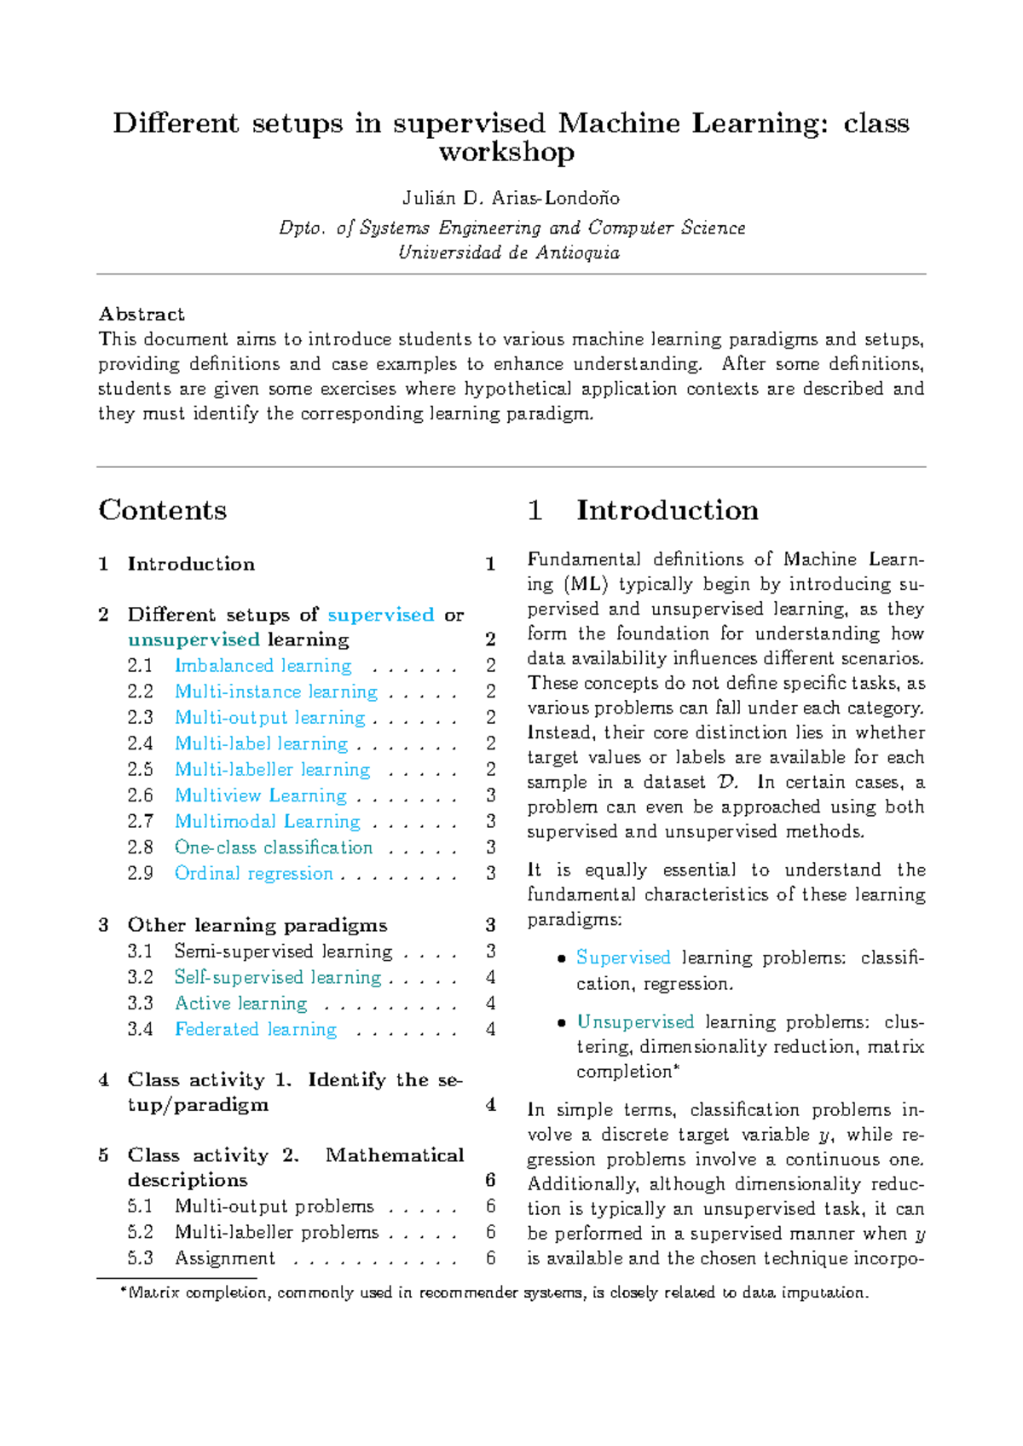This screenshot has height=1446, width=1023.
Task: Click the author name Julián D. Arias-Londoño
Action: (x=511, y=198)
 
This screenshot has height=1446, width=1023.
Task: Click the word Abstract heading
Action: (x=142, y=314)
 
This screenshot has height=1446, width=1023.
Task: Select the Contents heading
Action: (x=162, y=510)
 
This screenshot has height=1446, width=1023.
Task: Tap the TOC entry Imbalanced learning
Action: (x=263, y=666)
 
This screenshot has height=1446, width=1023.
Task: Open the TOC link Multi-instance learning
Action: (x=275, y=691)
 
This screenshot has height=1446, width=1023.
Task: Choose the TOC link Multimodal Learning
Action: (x=267, y=821)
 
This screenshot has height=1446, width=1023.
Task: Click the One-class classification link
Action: (x=273, y=847)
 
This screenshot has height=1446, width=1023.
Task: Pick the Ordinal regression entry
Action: (x=253, y=873)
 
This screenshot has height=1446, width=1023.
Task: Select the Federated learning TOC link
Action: (x=255, y=1029)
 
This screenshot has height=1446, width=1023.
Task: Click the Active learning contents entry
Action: (x=240, y=1004)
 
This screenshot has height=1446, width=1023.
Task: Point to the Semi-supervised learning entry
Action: (x=283, y=951)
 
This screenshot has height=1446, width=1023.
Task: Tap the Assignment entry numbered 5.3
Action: (x=224, y=1258)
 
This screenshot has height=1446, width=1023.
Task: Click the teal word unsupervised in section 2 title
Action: (x=194, y=639)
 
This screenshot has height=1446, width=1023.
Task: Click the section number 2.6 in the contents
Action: (x=140, y=795)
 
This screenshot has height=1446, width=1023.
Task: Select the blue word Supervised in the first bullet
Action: (x=623, y=957)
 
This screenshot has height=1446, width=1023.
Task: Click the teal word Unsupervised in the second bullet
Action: (x=635, y=1021)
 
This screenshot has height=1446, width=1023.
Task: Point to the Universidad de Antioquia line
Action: (x=509, y=252)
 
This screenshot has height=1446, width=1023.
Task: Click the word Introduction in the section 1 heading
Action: (x=667, y=510)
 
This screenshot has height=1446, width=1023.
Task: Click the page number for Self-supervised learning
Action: (x=490, y=977)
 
